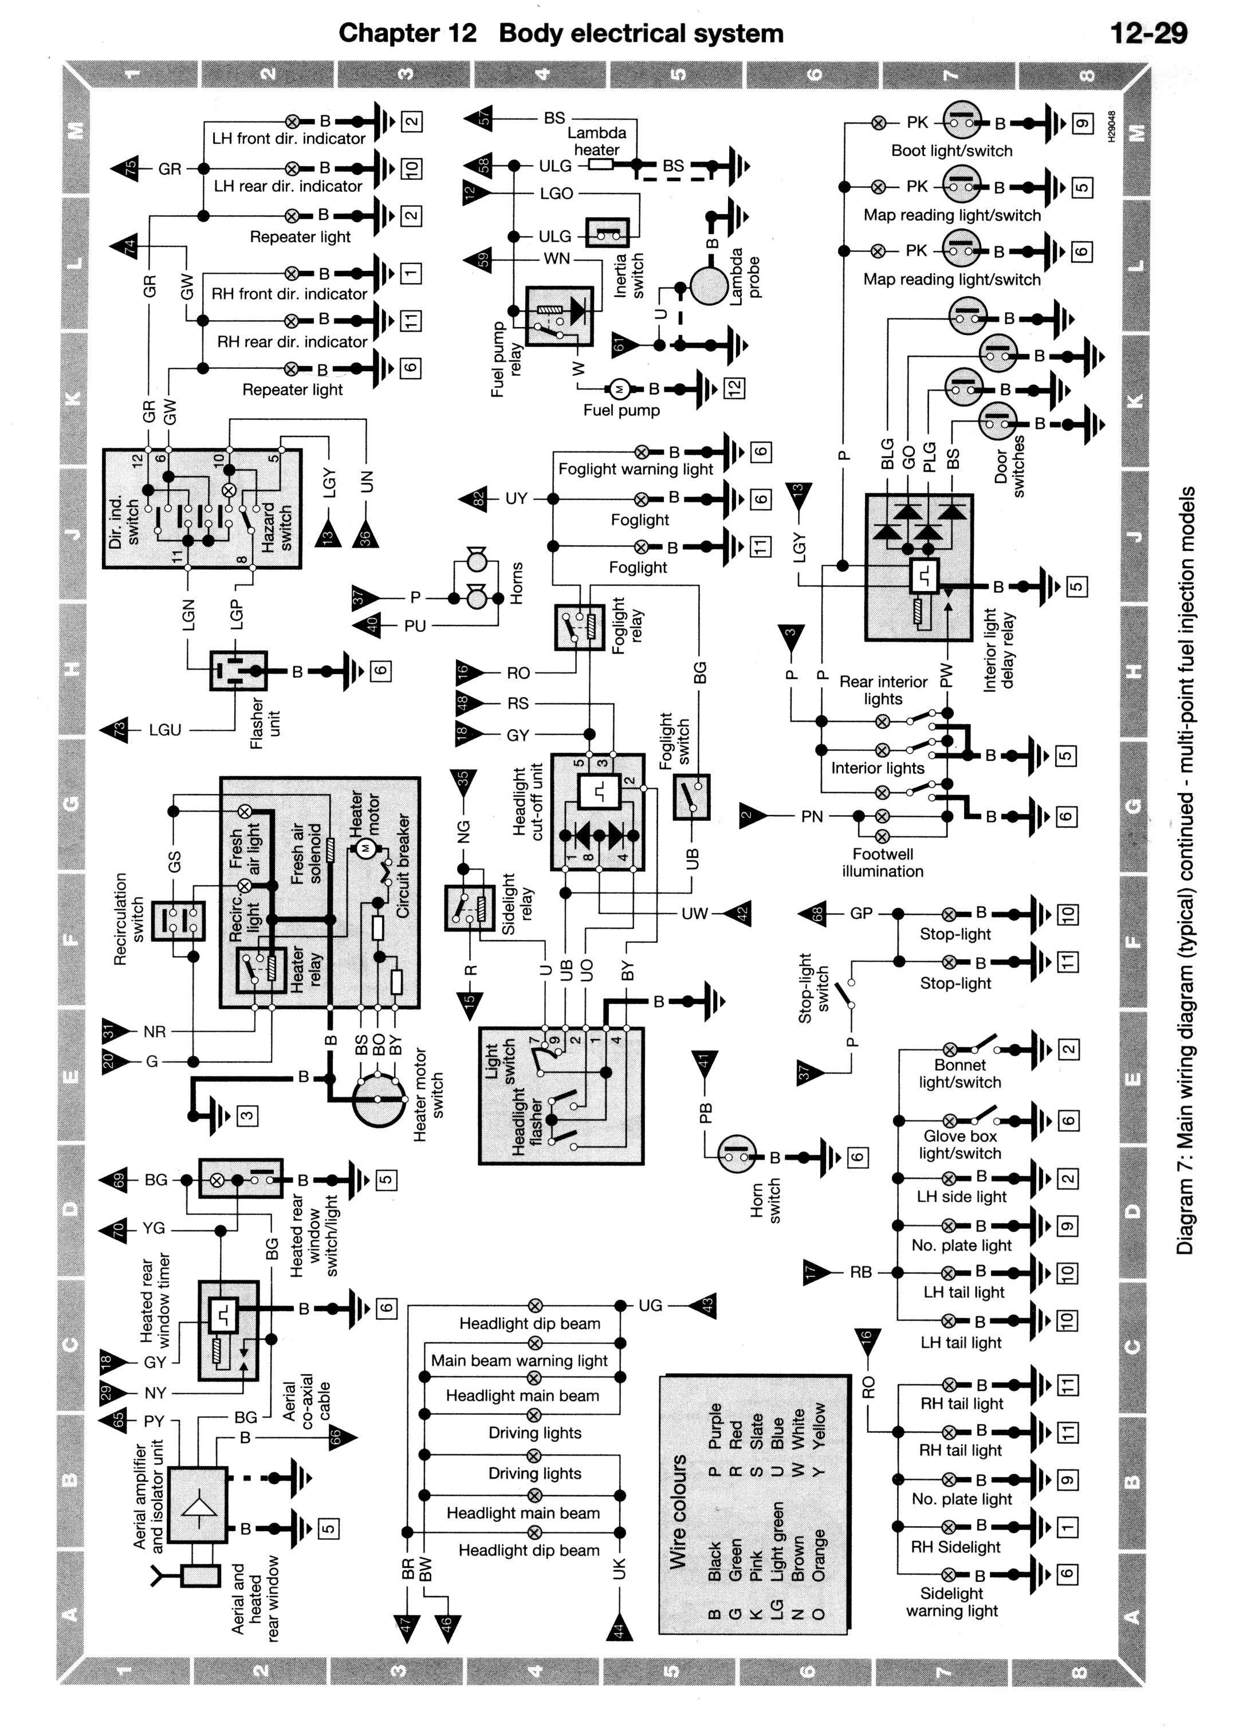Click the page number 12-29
click(x=1149, y=33)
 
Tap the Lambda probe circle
click(x=710, y=286)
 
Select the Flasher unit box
click(x=238, y=670)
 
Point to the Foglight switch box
click(x=691, y=797)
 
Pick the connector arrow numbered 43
click(x=703, y=1306)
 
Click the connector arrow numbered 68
click(x=812, y=913)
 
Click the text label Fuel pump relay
click(x=506, y=360)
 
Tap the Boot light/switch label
click(x=951, y=151)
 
